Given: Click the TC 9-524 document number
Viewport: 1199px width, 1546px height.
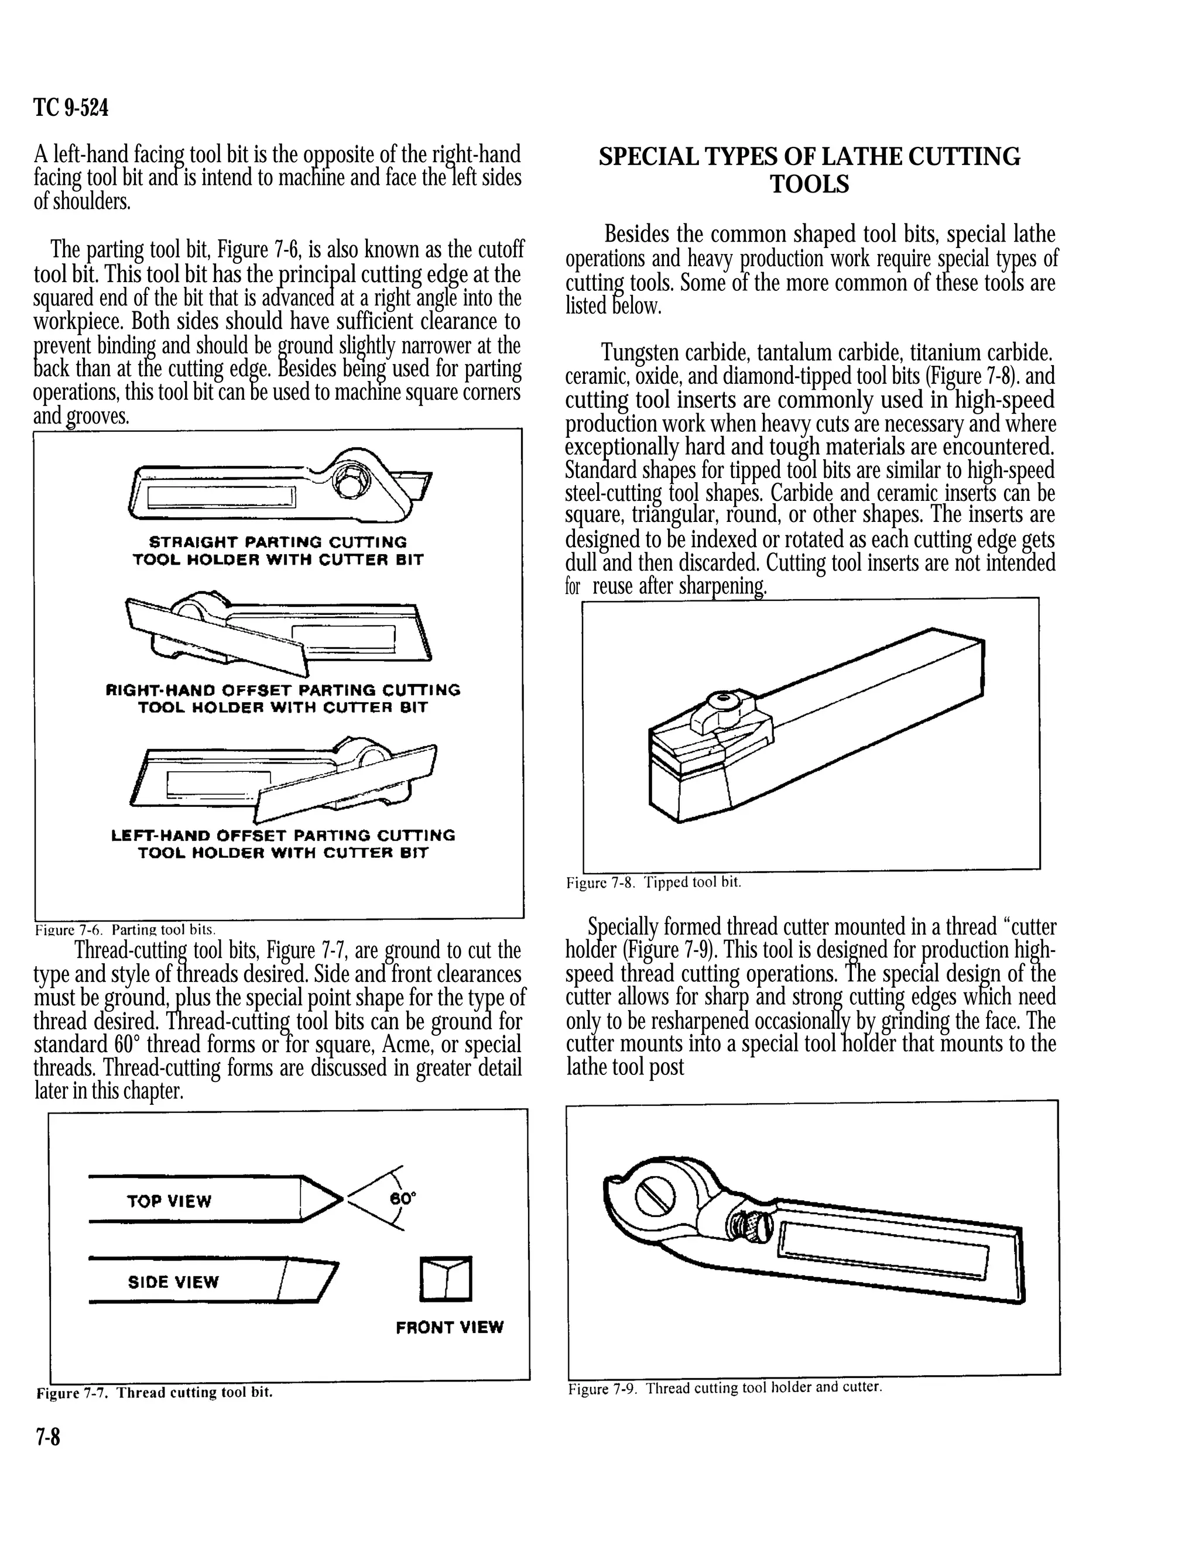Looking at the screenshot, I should (71, 108).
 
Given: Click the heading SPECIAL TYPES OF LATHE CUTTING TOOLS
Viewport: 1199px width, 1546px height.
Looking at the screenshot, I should (810, 170).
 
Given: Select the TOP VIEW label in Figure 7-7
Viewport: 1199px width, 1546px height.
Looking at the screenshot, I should (169, 1201).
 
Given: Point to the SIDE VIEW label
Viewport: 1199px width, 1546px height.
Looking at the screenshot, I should (173, 1282).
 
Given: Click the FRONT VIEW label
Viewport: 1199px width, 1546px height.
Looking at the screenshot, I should (450, 1327).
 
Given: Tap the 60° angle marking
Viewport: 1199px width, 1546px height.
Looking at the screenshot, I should (403, 1198).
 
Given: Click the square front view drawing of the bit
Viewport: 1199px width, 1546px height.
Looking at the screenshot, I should (446, 1279).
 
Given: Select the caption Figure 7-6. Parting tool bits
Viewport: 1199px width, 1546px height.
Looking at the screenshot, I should (125, 929).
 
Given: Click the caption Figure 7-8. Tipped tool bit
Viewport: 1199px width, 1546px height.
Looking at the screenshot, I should (653, 883).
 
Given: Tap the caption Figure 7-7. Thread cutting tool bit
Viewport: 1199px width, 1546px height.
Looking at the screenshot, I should (155, 1392).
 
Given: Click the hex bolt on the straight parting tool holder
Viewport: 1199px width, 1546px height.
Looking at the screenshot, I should (351, 483).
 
